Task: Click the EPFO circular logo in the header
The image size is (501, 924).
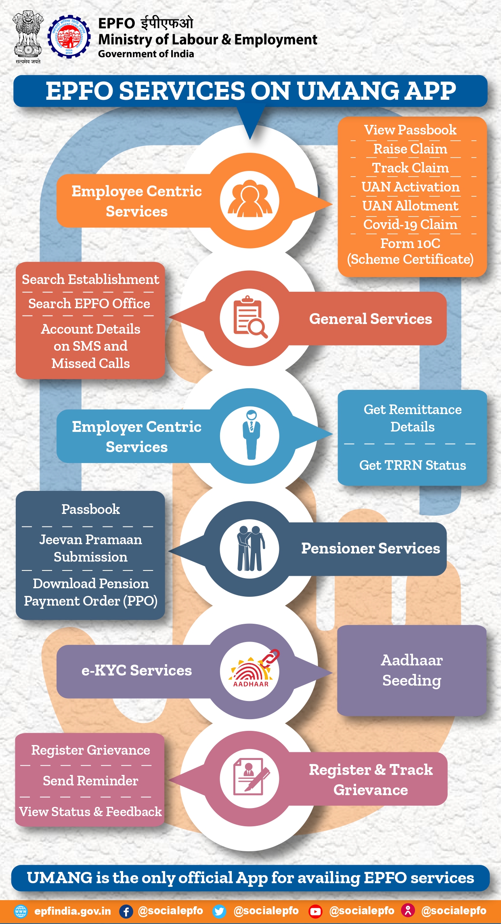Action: coord(69,37)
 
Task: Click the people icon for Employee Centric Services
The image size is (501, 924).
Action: coord(250,199)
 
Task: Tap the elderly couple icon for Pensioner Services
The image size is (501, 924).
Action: coord(250,548)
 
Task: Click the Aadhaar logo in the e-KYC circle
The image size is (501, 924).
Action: coord(251,671)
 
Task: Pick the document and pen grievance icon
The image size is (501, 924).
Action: coord(250,778)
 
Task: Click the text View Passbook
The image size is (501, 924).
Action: coord(410,130)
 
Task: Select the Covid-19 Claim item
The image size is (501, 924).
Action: coord(410,224)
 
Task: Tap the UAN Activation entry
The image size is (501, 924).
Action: coord(410,187)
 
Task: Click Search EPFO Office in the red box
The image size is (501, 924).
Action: coord(89,303)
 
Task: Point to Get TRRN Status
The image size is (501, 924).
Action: coord(412,465)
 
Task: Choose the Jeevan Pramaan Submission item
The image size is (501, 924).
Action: coord(90,548)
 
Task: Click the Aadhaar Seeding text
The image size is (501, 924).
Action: coord(412,670)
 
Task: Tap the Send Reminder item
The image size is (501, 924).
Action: coord(90,781)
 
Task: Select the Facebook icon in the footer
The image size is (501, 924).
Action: coord(126,911)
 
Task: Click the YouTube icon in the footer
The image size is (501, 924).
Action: coord(315,911)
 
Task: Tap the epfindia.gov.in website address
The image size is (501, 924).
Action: coord(73,911)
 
